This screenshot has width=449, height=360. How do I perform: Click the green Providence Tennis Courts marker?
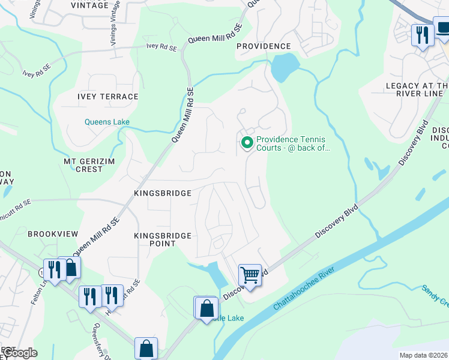[246, 143]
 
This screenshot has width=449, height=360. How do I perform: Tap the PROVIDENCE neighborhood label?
[263, 46]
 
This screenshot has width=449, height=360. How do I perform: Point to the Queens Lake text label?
[106, 122]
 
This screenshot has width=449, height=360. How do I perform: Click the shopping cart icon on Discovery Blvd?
[250, 276]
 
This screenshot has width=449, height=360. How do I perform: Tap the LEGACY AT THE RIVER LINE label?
[417, 90]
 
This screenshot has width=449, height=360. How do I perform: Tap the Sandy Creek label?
[435, 295]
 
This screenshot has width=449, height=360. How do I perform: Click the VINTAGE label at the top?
[90, 5]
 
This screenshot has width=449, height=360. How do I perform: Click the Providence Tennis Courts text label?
[293, 143]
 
